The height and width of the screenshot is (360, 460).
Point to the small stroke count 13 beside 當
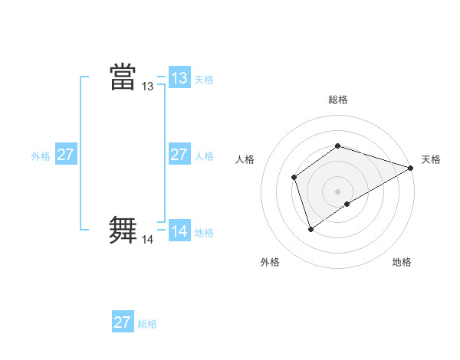(147, 87)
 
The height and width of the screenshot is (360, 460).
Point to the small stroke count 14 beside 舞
(147, 240)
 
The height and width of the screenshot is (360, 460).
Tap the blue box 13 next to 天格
(179, 78)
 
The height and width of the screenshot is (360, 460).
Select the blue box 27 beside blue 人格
(179, 155)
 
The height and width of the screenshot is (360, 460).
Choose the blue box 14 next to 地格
(179, 231)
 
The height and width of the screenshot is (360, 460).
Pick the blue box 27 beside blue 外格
(65, 155)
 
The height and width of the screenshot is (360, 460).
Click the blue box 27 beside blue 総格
(122, 322)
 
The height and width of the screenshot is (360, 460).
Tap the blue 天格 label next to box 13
(204, 80)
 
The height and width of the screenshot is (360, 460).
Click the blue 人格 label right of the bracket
(204, 156)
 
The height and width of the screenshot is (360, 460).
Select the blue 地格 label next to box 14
(204, 233)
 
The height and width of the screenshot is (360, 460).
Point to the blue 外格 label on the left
(41, 156)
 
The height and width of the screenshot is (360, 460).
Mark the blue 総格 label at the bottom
(147, 324)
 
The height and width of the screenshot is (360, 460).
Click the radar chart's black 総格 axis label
(337, 100)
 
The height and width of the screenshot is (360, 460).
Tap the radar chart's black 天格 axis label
(431, 159)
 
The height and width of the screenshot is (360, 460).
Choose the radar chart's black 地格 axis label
(402, 262)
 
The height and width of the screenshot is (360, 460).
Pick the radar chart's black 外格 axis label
(270, 262)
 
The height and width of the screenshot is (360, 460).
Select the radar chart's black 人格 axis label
(245, 159)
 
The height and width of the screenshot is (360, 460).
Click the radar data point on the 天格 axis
(412, 168)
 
